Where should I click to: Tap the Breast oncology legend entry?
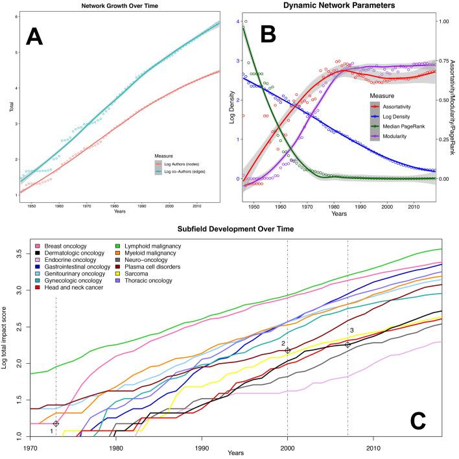pyautogui.click(x=65, y=246)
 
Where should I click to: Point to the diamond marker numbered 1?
pyautogui.click(x=56, y=423)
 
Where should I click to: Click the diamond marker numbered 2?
pyautogui.click(x=288, y=350)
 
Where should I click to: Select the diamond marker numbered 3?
pyautogui.click(x=348, y=344)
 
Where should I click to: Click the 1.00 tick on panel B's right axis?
pyautogui.click(x=441, y=21)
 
